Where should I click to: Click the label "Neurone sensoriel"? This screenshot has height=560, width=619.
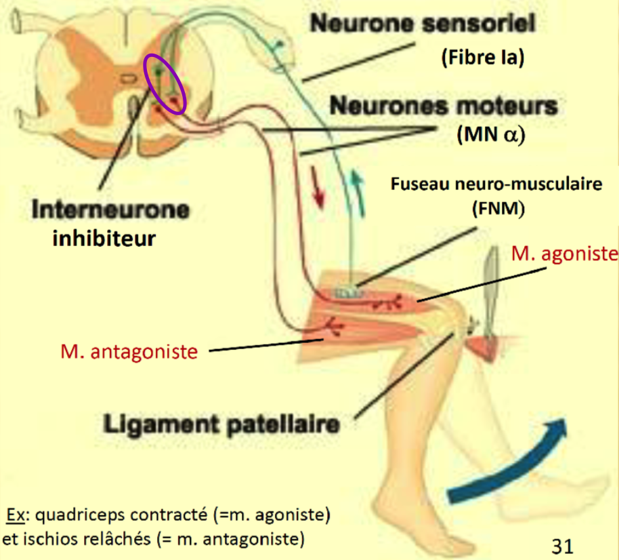click(x=422, y=24)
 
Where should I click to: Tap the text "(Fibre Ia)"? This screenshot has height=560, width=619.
click(x=483, y=58)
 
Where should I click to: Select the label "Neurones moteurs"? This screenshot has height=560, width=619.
click(x=444, y=106)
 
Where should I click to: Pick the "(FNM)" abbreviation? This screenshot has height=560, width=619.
click(x=498, y=209)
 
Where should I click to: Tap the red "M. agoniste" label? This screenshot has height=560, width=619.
click(x=565, y=254)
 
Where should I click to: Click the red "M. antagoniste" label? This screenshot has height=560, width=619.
click(x=129, y=352)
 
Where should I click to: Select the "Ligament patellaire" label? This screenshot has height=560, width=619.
click(x=221, y=426)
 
